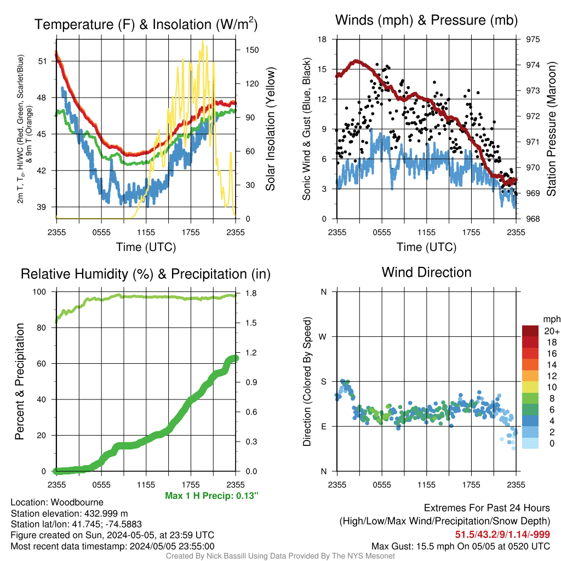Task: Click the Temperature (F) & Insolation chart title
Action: pos(146,24)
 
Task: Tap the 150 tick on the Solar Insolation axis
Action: pos(252,50)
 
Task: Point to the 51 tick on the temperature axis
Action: pos(42,61)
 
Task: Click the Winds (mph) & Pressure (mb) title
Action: pos(426,20)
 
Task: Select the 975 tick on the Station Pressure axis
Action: pos(533,39)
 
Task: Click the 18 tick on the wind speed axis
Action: pos(322,39)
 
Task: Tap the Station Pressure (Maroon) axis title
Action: pos(551,129)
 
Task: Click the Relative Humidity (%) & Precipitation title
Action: pos(146,274)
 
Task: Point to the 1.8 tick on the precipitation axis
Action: pos(251,294)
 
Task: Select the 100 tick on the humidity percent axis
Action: pos(39,292)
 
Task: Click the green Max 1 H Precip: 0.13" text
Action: pos(211,495)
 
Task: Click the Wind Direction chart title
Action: pos(426,272)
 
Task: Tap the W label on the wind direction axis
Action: pos(323,337)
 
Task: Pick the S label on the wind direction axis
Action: pos(323,382)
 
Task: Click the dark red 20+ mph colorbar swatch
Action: pos(530,331)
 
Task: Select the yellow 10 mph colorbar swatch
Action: pos(530,387)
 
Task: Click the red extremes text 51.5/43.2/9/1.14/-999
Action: pos(502,535)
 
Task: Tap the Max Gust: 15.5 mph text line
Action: pos(460,546)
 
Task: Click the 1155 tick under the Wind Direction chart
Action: pos(426,485)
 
